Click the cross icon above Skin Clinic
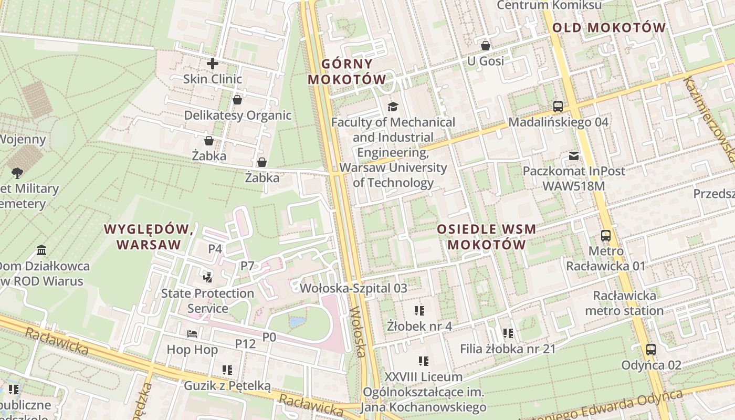tap(213, 64)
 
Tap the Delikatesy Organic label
tap(237, 115)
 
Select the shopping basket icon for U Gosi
tap(486, 46)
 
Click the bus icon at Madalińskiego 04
tap(558, 107)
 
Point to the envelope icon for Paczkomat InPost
tap(574, 156)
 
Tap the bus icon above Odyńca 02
tap(651, 350)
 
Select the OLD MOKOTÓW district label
tap(609, 28)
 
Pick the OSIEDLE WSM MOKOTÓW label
tap(487, 237)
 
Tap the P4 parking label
tap(215, 249)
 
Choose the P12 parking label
tap(245, 344)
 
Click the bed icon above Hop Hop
tap(192, 334)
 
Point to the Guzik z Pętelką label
tap(227, 386)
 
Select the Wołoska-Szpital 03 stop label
tap(353, 288)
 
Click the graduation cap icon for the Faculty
tap(393, 107)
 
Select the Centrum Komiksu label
tap(549, 5)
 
